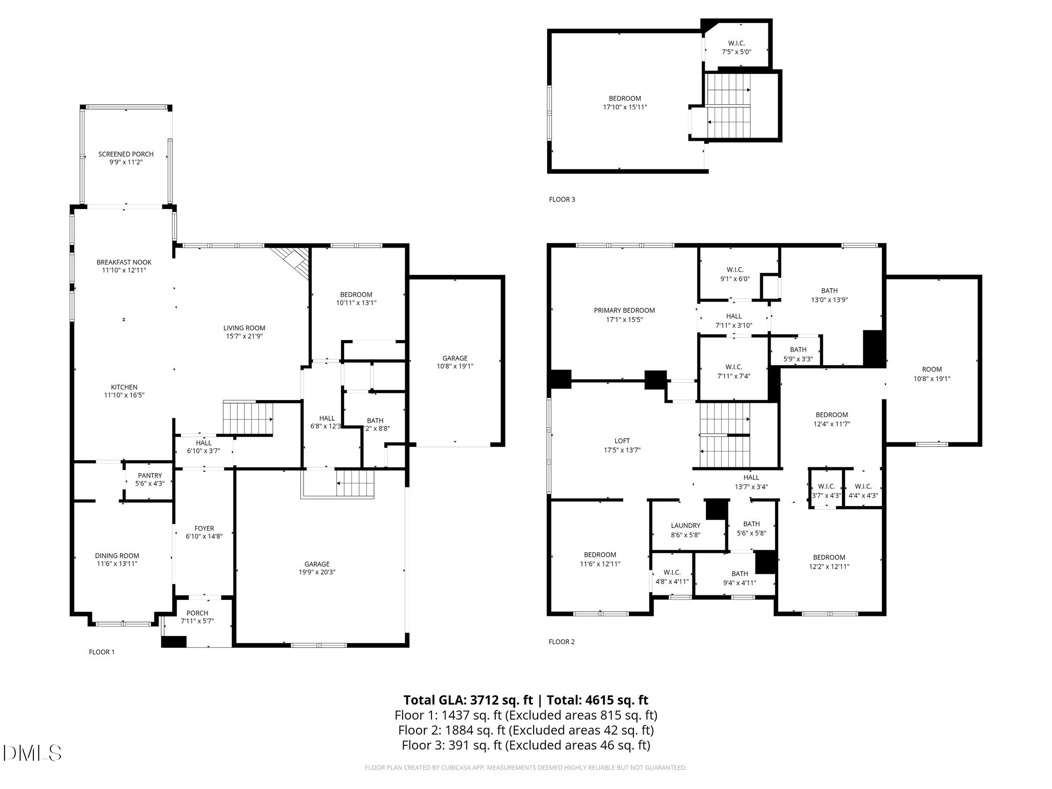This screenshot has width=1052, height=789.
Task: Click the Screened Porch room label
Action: pyautogui.click(x=126, y=154)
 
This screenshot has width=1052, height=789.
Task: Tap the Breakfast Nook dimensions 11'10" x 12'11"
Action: pyautogui.click(x=124, y=270)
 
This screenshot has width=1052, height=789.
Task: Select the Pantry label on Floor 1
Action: pyautogui.click(x=149, y=476)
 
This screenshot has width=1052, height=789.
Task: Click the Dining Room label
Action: pyautogui.click(x=117, y=556)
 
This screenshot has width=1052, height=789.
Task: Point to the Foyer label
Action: pyautogui.click(x=204, y=529)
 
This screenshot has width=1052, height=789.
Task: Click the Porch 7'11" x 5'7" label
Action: pyautogui.click(x=197, y=617)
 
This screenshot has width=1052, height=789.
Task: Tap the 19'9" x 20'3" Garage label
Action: pyautogui.click(x=316, y=568)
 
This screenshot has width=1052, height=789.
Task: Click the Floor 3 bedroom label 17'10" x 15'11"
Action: pyautogui.click(x=625, y=103)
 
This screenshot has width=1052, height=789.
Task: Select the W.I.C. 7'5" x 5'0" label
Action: pyautogui.click(x=736, y=48)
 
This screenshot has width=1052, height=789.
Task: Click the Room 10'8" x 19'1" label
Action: pyautogui.click(x=931, y=374)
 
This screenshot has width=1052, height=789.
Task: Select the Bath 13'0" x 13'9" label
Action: pyautogui.click(x=829, y=295)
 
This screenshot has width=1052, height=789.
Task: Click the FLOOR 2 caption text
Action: pyautogui.click(x=561, y=642)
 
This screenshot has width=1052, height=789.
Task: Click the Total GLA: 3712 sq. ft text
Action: pyautogui.click(x=468, y=700)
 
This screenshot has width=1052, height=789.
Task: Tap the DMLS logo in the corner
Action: pyautogui.click(x=32, y=753)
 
